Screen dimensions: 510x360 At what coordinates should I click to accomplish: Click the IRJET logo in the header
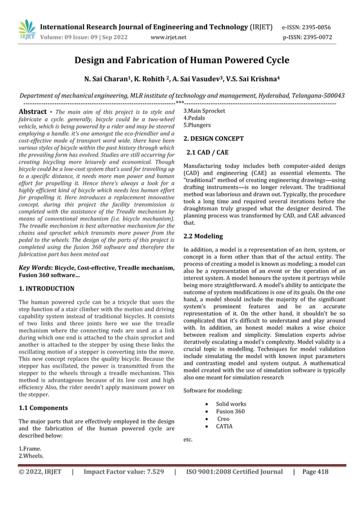27,30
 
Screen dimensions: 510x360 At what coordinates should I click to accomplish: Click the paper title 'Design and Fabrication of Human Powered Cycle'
182,60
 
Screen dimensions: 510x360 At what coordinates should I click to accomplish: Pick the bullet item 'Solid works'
231,404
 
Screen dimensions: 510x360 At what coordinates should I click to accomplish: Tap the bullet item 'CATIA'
224,426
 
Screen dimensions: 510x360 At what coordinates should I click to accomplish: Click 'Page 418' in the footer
315,472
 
